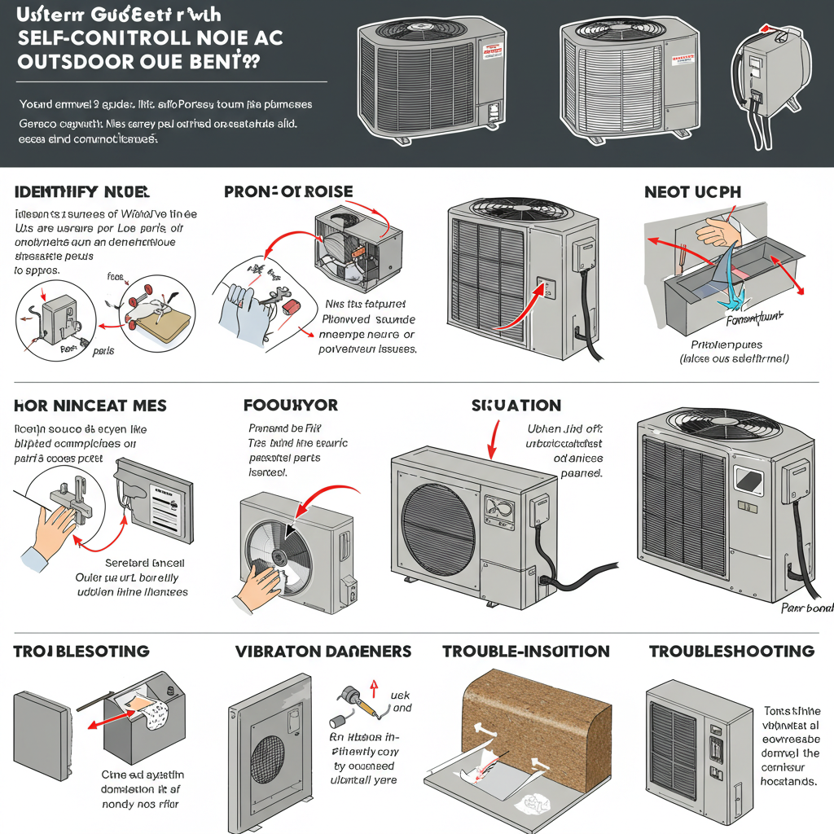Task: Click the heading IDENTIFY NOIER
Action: (x=81, y=192)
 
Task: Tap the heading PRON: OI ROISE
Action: (x=288, y=192)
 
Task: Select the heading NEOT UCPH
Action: (x=694, y=192)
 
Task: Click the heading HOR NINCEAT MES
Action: (x=90, y=405)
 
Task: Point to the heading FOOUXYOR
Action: (x=290, y=405)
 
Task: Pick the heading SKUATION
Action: (x=516, y=405)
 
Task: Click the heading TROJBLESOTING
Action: (x=81, y=651)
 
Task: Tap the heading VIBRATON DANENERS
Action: (x=323, y=651)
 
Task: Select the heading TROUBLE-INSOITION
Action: (x=525, y=651)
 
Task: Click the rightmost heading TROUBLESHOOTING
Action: (x=731, y=651)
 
